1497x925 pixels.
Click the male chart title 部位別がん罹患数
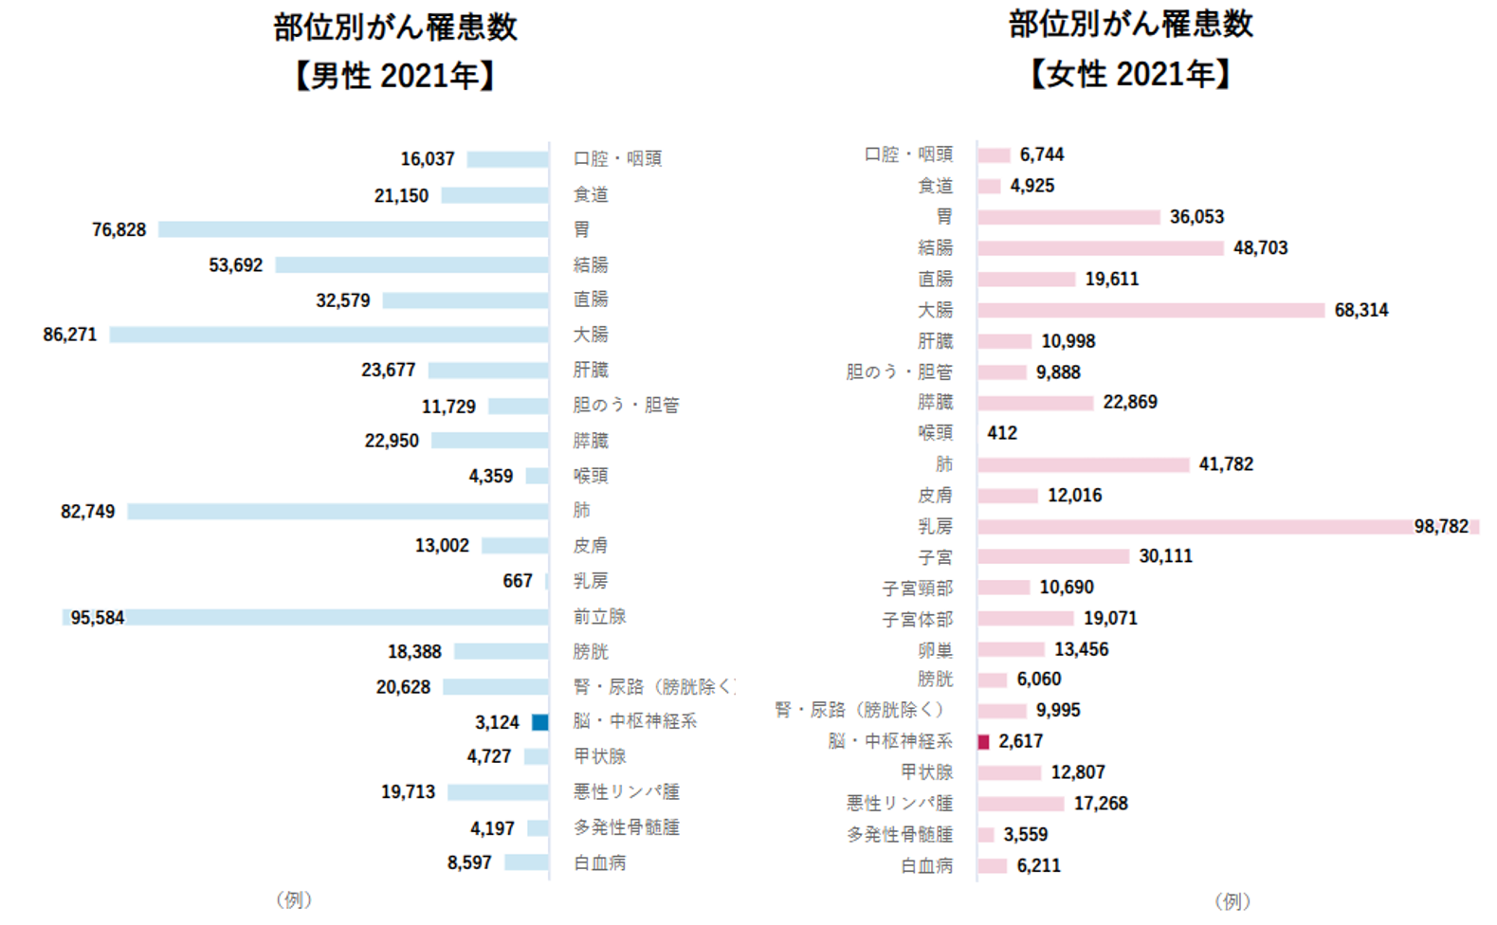click(395, 27)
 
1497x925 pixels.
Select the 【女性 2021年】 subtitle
click(1130, 74)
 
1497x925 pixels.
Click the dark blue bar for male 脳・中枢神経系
click(539, 722)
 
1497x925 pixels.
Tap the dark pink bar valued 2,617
click(983, 741)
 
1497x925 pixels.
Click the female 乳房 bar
click(1195, 527)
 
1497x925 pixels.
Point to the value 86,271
click(70, 335)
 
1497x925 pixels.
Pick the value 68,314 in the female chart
click(1360, 310)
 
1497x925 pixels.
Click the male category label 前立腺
click(599, 617)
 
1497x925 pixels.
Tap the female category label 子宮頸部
click(917, 589)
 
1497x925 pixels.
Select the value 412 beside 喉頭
click(1002, 433)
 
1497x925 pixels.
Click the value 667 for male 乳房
click(518, 581)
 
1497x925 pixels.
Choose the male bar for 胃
click(353, 229)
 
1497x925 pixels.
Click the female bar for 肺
click(1083, 464)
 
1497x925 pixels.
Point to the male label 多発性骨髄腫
click(626, 827)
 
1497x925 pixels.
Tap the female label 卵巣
click(935, 650)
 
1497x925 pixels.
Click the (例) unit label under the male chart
click(294, 899)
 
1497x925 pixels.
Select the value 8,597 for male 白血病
click(469, 862)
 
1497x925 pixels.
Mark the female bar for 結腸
click(1100, 248)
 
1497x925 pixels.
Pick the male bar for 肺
click(338, 512)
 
